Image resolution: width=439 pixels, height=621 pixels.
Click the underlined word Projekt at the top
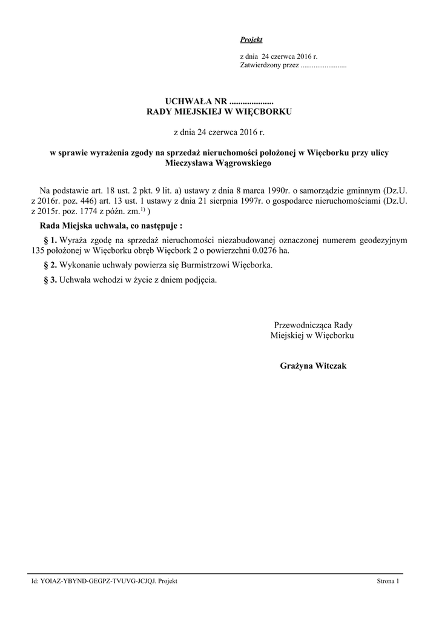[251, 39]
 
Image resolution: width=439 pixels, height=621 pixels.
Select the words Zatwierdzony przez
[269, 64]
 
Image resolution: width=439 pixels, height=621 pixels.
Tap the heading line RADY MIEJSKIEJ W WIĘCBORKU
[220, 112]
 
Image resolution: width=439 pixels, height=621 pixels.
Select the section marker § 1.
[51, 240]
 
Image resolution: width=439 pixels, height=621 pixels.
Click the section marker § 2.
[51, 266]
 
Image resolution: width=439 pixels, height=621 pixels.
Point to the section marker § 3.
[51, 280]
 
